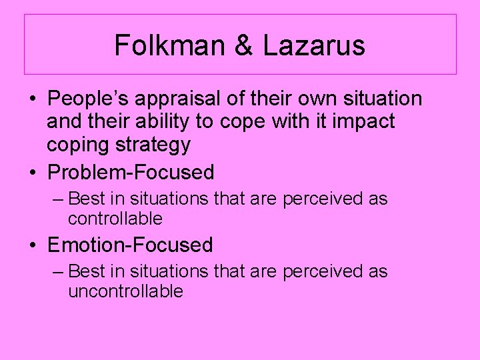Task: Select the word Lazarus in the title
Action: tap(314, 45)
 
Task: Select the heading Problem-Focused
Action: tap(131, 173)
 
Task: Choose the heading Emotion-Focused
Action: tap(130, 245)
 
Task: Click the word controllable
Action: tap(115, 219)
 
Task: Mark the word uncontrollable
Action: tap(125, 291)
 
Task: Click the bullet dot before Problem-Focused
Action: tap(33, 173)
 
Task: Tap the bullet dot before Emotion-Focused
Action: tap(33, 245)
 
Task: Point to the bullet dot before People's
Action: tap(33, 99)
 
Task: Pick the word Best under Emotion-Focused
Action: tap(84, 271)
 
